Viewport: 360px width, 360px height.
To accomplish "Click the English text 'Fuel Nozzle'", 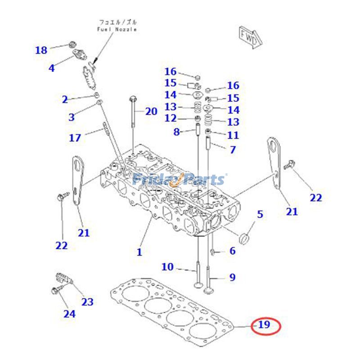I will click(x=117, y=29).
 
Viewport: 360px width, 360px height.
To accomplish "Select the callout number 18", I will click(x=41, y=50).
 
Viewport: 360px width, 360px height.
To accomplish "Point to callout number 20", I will click(x=151, y=111).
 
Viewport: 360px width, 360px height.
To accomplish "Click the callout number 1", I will click(x=139, y=252).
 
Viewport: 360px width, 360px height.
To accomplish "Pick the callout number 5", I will click(x=260, y=214).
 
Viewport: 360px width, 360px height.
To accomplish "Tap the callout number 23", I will click(x=87, y=301).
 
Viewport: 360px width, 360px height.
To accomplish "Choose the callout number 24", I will click(x=69, y=313).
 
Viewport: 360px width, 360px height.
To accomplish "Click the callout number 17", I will click(x=75, y=138).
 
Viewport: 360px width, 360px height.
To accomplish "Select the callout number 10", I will click(x=167, y=267).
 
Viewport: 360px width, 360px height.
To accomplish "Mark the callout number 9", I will click(x=232, y=277).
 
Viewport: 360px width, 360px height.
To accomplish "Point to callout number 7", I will click(x=232, y=149).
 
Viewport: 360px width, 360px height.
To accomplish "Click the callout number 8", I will click(x=176, y=132).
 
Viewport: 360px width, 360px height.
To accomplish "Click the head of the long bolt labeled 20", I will click(x=132, y=99).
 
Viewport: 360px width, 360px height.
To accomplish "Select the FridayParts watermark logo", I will click(x=180, y=180).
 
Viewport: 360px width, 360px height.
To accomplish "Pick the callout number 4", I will click(x=51, y=68).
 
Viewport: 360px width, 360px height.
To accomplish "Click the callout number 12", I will click(x=170, y=118).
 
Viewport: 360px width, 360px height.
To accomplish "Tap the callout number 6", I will click(x=232, y=251).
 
